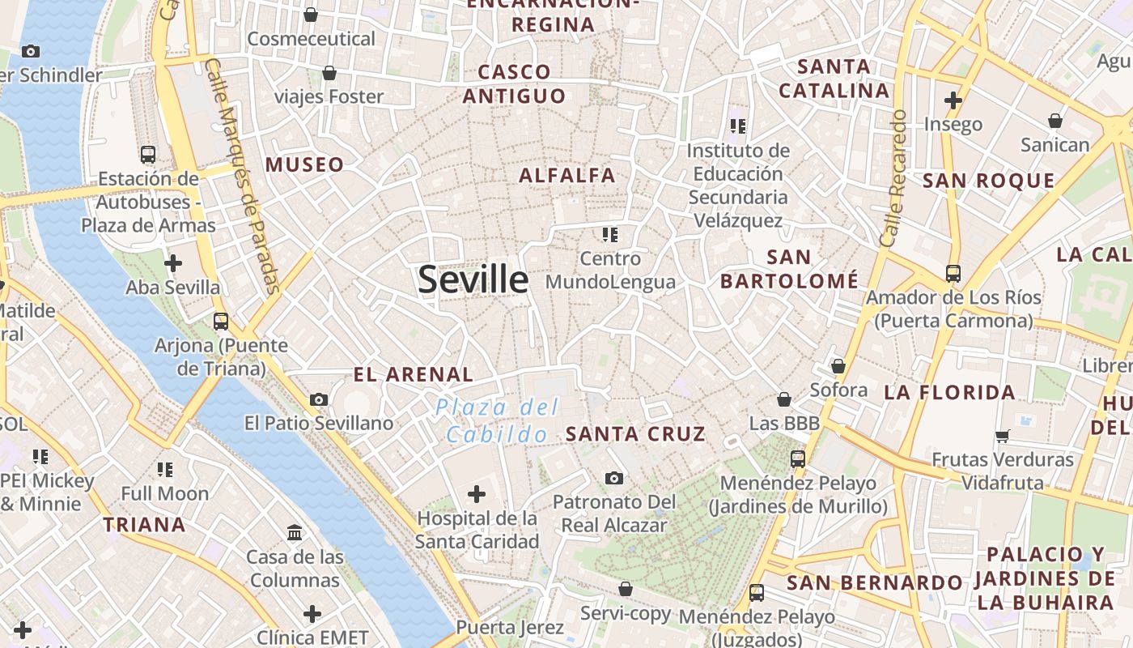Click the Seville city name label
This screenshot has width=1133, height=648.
click(x=473, y=279)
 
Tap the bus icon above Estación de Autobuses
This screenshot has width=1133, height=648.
click(x=148, y=155)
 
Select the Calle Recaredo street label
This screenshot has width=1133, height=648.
click(x=894, y=178)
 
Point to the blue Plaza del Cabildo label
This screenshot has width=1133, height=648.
click(x=497, y=420)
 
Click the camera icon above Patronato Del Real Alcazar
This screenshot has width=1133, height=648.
click(x=614, y=478)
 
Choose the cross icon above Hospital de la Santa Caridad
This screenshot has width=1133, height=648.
click(x=477, y=493)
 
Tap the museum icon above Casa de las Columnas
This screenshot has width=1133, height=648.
click(x=295, y=533)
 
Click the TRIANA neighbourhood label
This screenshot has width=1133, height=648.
click(x=144, y=525)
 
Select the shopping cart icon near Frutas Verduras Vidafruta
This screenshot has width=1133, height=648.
click(x=1003, y=436)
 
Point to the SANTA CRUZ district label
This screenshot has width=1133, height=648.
click(x=635, y=434)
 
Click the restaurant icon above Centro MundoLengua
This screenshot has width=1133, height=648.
click(x=610, y=235)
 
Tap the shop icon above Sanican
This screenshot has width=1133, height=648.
click(x=1054, y=121)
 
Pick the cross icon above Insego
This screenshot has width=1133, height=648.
click(x=953, y=100)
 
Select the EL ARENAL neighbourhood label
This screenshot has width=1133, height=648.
click(x=414, y=374)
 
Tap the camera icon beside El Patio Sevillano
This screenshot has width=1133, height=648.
click(x=319, y=399)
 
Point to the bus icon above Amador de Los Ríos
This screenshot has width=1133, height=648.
click(x=953, y=274)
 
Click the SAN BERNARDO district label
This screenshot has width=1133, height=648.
click(x=874, y=582)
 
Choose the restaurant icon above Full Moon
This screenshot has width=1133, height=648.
click(x=165, y=469)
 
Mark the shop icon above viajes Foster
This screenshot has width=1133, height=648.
click(x=329, y=74)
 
